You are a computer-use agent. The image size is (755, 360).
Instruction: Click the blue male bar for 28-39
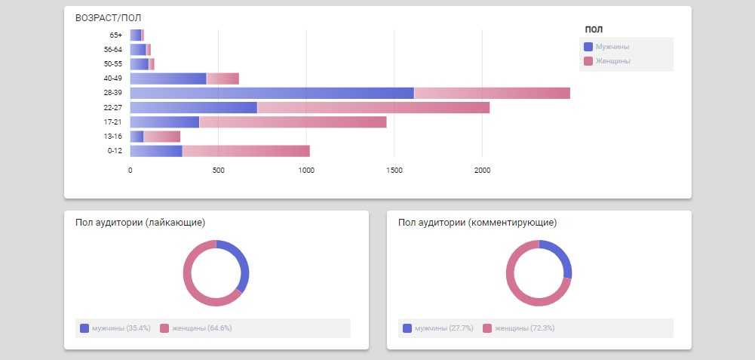(272, 93)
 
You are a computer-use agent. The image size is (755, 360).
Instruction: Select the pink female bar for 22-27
(373, 107)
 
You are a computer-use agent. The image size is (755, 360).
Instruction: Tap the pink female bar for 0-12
(246, 151)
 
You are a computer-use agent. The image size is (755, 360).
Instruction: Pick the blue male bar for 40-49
(168, 78)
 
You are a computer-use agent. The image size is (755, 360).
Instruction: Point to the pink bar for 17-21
(293, 122)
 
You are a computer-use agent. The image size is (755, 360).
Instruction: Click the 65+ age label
(115, 35)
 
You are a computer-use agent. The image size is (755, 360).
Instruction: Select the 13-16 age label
(113, 137)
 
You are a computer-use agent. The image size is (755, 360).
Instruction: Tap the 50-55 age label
(113, 64)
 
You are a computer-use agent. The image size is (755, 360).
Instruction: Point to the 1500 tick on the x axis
(394, 171)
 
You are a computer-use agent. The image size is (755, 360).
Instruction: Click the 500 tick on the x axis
(218, 171)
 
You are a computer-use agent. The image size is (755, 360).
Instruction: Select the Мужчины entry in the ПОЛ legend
(612, 47)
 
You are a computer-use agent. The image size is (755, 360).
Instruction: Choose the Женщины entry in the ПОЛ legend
(612, 61)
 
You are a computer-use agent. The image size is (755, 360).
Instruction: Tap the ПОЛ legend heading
(593, 30)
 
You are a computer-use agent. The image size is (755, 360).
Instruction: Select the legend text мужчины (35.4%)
(121, 328)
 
